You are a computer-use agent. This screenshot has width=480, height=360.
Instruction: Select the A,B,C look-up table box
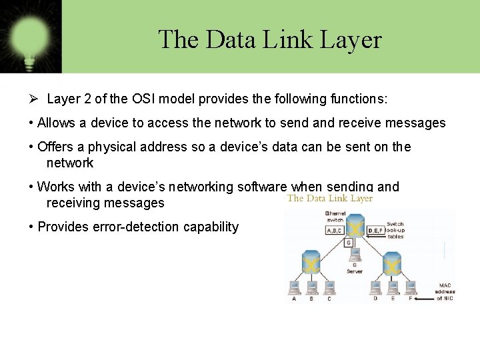click(x=335, y=230)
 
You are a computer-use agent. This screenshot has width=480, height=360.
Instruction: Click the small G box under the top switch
click(x=348, y=243)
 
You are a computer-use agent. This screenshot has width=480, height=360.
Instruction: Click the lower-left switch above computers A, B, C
click(x=311, y=263)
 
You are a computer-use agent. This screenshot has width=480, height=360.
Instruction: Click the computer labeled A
click(x=294, y=287)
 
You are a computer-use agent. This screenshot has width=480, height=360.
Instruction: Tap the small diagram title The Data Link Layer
click(x=330, y=198)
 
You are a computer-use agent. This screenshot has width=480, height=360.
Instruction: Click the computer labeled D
click(x=375, y=287)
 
